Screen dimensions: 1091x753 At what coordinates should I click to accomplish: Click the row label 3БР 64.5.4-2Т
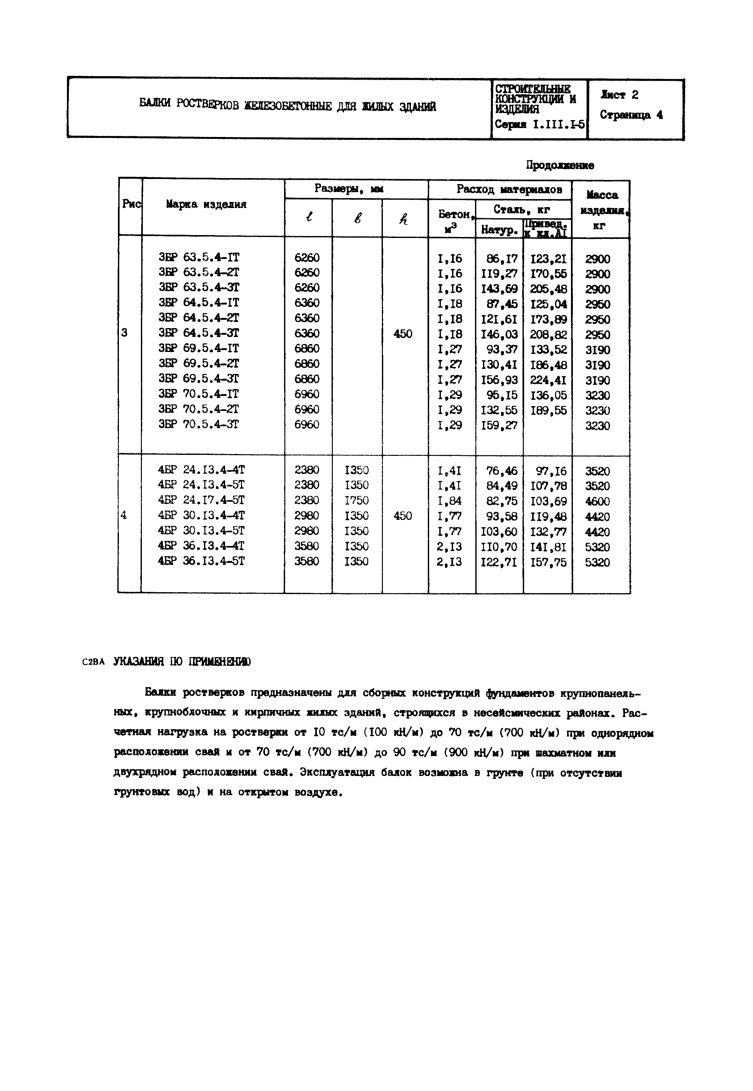click(x=199, y=318)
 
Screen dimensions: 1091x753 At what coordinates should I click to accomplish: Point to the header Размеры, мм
click(x=349, y=189)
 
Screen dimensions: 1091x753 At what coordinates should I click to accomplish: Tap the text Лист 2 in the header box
click(x=619, y=95)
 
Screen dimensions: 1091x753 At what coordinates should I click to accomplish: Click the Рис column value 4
click(x=124, y=515)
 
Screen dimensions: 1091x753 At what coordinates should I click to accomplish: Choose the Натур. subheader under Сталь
click(x=499, y=230)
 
